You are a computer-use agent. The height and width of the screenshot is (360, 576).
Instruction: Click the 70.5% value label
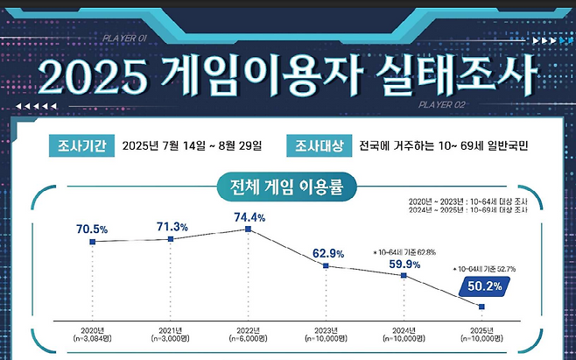pyautogui.click(x=91, y=229)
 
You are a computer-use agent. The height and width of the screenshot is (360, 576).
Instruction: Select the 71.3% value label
pyautogui.click(x=172, y=226)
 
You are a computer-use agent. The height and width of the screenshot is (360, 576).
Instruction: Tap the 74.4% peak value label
pyautogui.click(x=249, y=216)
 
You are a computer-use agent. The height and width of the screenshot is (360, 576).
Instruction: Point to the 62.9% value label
pyautogui.click(x=327, y=254)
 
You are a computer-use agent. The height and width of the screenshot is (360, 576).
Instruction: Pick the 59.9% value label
pyautogui.click(x=404, y=263)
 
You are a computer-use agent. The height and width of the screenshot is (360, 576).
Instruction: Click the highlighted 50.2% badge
pyautogui.click(x=484, y=285)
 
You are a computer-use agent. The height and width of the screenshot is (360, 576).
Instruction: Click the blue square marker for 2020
pyautogui.click(x=92, y=242)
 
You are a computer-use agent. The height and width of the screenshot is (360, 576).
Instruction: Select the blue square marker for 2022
pyautogui.click(x=249, y=229)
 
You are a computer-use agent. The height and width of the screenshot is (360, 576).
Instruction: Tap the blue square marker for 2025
pyautogui.click(x=482, y=306)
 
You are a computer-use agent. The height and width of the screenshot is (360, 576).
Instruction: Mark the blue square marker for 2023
pyautogui.click(x=327, y=266)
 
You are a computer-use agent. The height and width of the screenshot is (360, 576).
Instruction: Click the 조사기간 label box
pyautogui.click(x=75, y=145)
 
